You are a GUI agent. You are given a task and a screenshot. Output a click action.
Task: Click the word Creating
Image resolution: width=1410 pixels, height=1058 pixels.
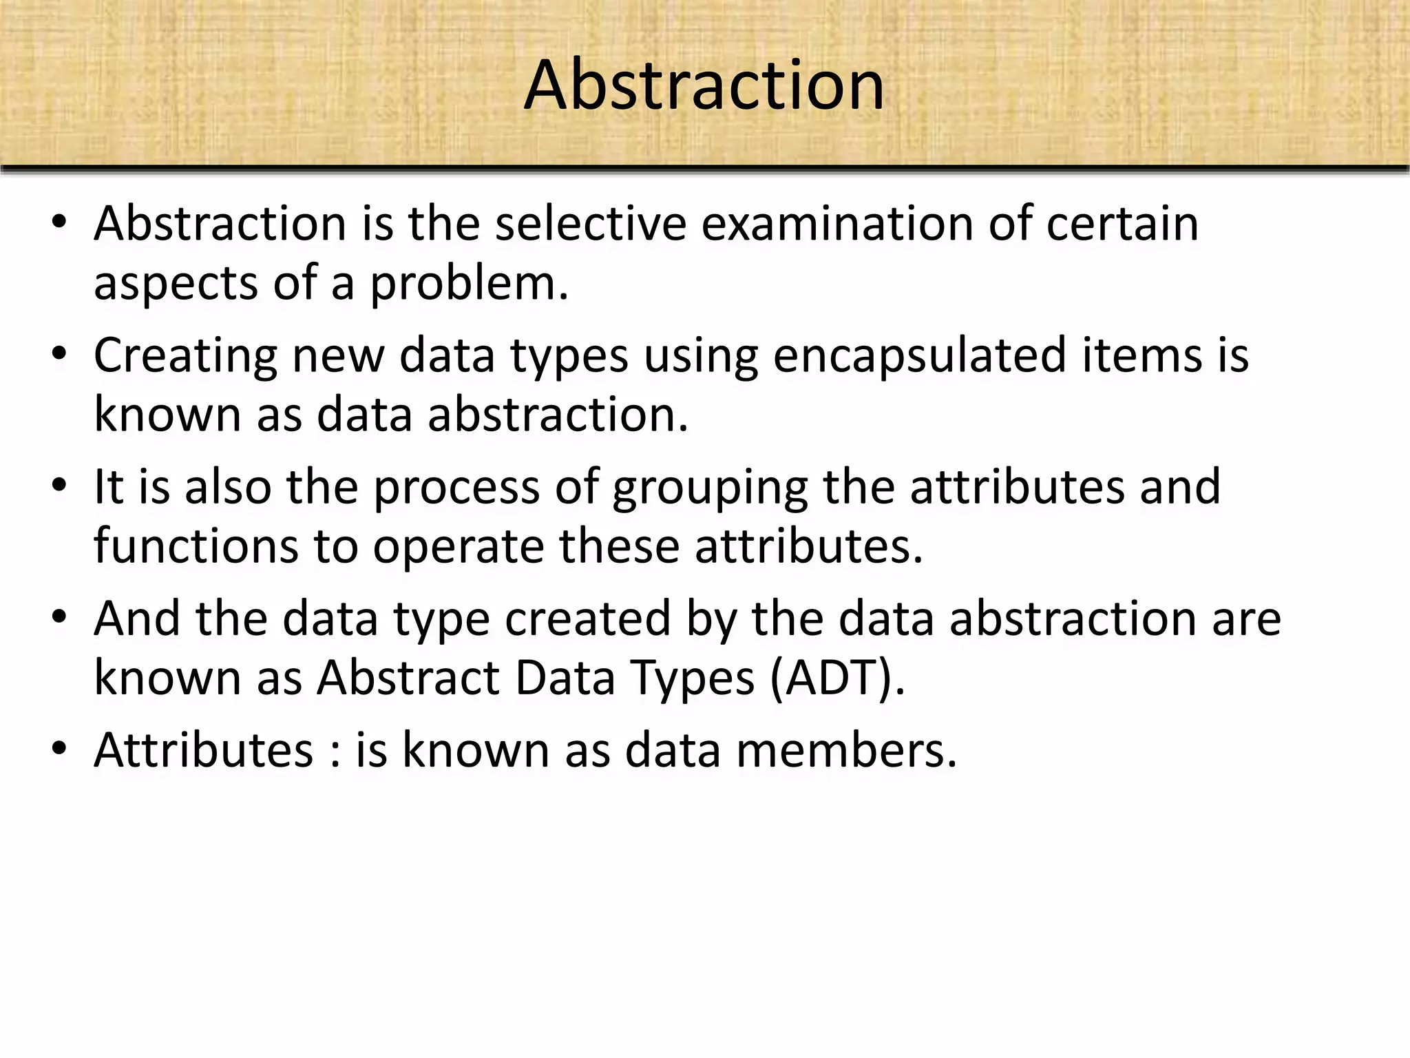coord(185,356)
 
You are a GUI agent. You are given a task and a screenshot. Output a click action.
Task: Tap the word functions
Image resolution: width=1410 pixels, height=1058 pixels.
coord(196,546)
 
